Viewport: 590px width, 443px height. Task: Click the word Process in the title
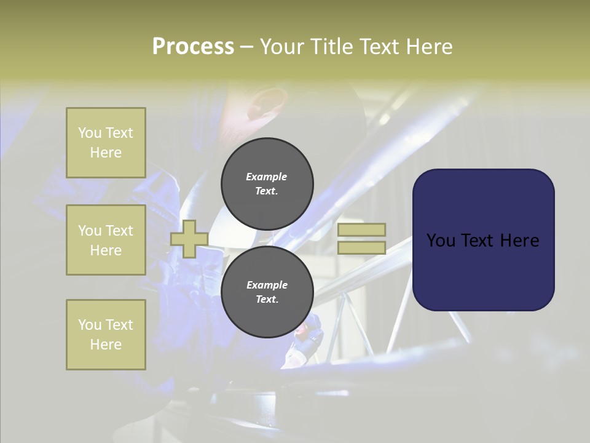(193, 47)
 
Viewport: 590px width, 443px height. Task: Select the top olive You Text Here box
(106, 143)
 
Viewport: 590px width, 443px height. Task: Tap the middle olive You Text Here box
(106, 240)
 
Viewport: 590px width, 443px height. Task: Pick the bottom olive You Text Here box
(106, 335)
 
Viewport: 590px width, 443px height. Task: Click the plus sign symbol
(189, 239)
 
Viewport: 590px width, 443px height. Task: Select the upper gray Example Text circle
(267, 183)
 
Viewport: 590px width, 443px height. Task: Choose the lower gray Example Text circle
(267, 292)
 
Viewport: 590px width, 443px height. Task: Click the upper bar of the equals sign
(362, 229)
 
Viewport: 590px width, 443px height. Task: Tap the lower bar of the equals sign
(362, 248)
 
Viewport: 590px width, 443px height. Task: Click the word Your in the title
(281, 47)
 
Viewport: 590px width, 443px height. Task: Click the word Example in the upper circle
(267, 177)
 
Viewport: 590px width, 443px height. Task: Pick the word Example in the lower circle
(267, 285)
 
